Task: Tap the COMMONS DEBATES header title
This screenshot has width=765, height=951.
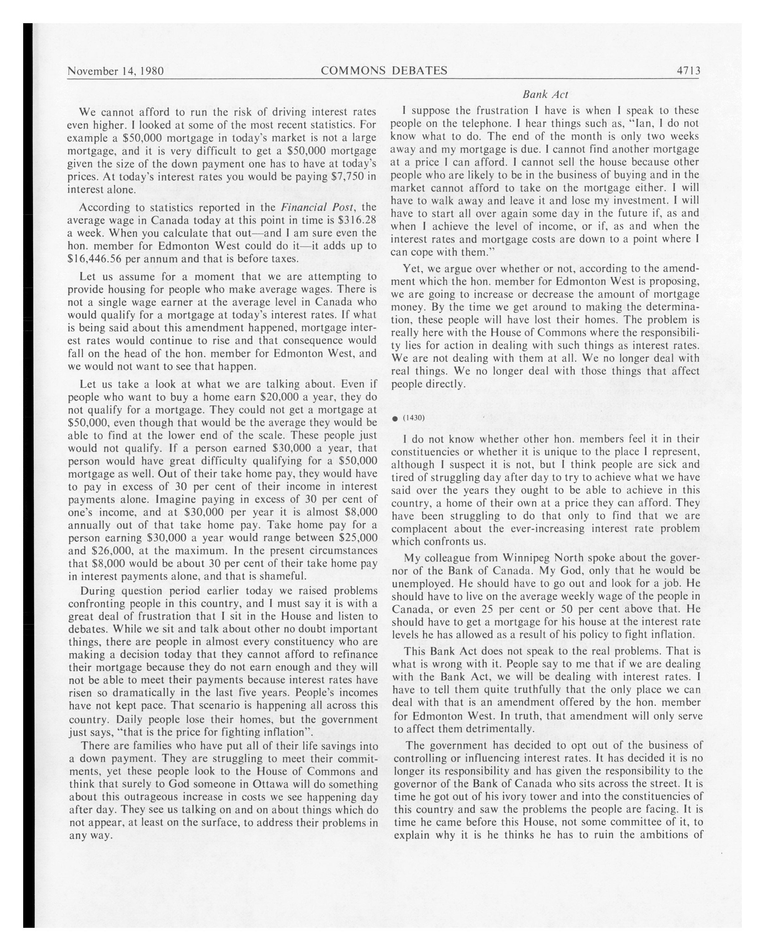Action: (384, 70)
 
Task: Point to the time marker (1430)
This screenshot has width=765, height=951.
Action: (414, 418)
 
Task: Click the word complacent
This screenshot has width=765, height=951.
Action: (420, 528)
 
